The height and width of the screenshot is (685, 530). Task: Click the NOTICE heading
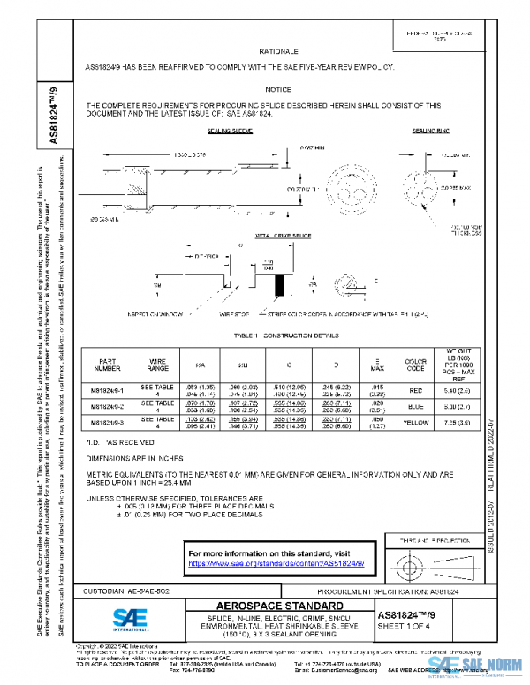(278, 90)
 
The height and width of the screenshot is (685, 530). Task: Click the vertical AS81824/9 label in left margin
(53, 115)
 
